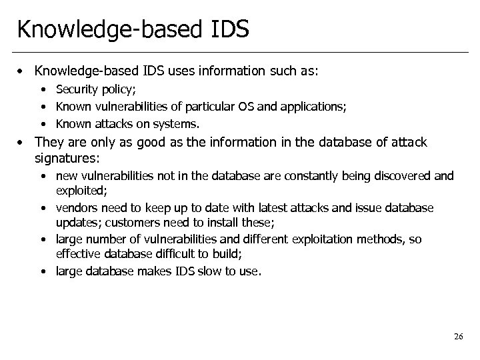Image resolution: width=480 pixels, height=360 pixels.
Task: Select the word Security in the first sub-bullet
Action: pos(76,89)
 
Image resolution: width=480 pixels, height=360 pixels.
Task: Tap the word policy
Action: pos(114,89)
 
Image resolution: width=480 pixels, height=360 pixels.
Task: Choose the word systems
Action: pos(180,123)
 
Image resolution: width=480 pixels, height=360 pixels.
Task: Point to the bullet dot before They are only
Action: pos(23,142)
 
